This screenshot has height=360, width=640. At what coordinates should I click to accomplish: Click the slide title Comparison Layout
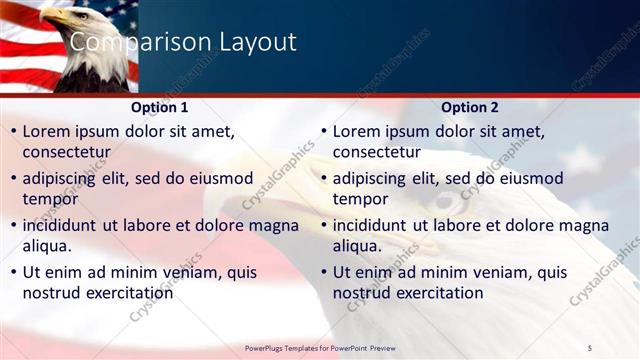(x=183, y=42)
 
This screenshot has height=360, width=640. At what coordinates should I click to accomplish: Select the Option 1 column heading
(x=159, y=107)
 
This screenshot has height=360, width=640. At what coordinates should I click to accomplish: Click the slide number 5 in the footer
(x=589, y=347)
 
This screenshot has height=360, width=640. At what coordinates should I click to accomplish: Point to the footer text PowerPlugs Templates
(x=286, y=347)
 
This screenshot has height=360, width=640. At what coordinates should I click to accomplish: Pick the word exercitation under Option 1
(x=128, y=293)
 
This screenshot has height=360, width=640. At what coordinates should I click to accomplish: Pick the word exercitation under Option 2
(x=438, y=293)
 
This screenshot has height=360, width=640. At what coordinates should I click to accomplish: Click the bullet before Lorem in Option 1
(x=13, y=132)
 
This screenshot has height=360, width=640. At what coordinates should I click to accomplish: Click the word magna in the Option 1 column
(x=274, y=226)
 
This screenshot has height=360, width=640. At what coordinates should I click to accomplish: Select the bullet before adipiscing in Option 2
(x=323, y=179)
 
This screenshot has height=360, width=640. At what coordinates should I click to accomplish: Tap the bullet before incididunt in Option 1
(x=13, y=226)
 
